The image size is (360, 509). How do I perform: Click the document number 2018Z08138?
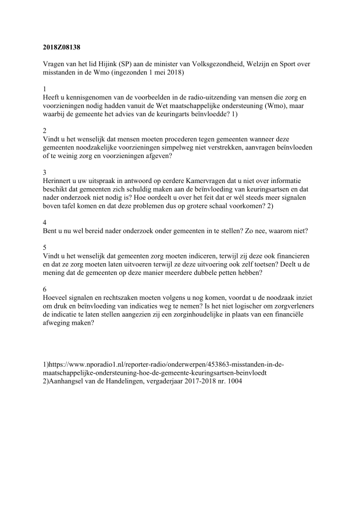click(x=63, y=45)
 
